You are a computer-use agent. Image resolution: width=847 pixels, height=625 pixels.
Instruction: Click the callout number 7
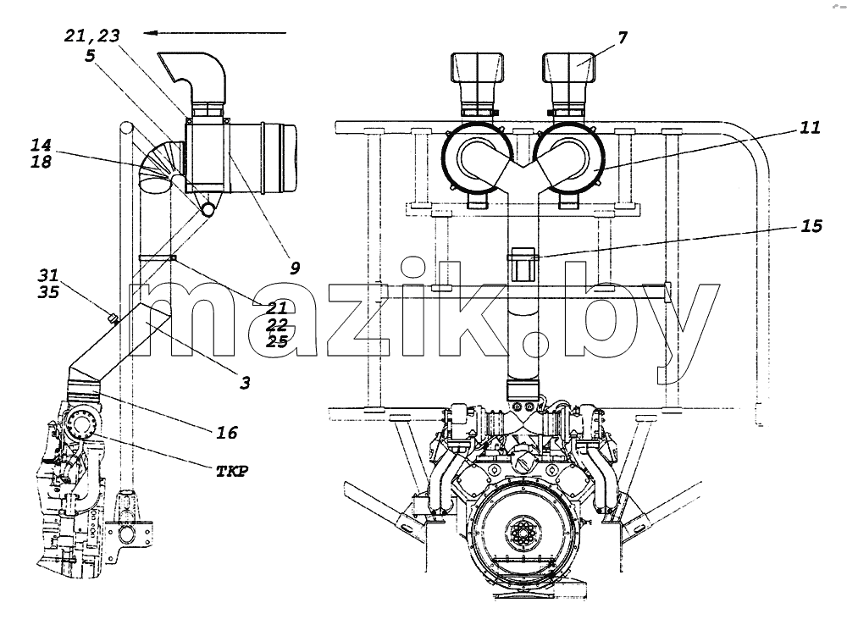[623, 38]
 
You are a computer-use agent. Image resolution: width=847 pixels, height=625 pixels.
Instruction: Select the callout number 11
[810, 128]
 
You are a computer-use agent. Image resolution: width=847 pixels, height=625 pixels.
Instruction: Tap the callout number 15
[811, 226]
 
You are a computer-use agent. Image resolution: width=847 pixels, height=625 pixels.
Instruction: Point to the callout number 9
[295, 268]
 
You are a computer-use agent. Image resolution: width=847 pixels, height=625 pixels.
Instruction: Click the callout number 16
[227, 433]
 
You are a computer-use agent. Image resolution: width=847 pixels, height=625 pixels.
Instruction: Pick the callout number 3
[245, 383]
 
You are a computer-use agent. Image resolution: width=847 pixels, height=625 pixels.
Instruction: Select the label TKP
[232, 472]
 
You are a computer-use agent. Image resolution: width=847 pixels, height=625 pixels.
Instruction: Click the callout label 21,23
[91, 36]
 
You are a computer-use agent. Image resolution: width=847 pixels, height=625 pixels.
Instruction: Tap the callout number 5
[90, 55]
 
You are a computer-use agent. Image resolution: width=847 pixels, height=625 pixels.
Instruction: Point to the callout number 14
[41, 145]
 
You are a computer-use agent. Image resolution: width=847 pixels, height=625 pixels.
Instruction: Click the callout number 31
[48, 275]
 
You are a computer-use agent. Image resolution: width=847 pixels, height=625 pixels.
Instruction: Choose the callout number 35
[48, 292]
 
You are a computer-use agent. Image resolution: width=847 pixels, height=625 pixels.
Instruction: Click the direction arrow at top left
[215, 33]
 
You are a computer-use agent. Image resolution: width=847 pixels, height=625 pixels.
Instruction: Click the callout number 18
[41, 162]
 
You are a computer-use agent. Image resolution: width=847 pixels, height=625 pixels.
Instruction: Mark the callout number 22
[277, 325]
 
